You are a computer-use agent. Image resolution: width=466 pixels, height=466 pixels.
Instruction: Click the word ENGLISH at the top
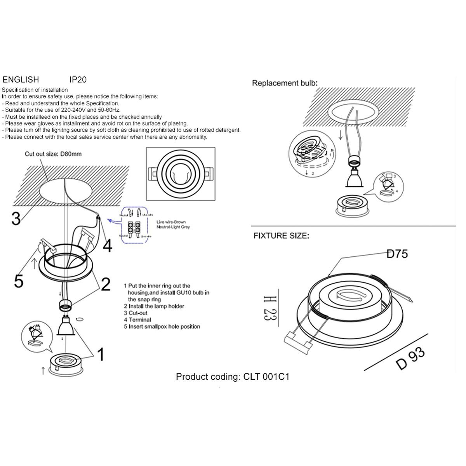coord(21,80)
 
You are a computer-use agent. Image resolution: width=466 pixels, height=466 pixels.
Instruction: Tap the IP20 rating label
coord(78,80)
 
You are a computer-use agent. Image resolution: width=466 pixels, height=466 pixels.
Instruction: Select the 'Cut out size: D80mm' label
coord(53,154)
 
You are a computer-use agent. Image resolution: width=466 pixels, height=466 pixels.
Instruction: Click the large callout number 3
coord(16,219)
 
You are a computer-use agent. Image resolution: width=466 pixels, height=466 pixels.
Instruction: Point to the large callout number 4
coord(107,245)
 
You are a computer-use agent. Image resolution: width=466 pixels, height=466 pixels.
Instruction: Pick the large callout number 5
coord(19,281)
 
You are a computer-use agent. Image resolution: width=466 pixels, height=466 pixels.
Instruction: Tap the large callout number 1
coord(101,354)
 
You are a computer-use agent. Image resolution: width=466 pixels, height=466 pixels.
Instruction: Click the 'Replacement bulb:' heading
coord(285,83)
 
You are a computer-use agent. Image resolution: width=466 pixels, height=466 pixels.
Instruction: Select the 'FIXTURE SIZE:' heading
coord(281,236)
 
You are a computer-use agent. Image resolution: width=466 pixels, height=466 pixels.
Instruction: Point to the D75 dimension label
coord(397,254)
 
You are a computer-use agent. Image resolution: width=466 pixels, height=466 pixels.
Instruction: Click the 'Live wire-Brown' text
coord(171,222)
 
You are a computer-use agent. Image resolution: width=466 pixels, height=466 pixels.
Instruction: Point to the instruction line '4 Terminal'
coord(137,320)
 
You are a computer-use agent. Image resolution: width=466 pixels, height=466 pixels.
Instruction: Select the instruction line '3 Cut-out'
coord(136,313)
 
